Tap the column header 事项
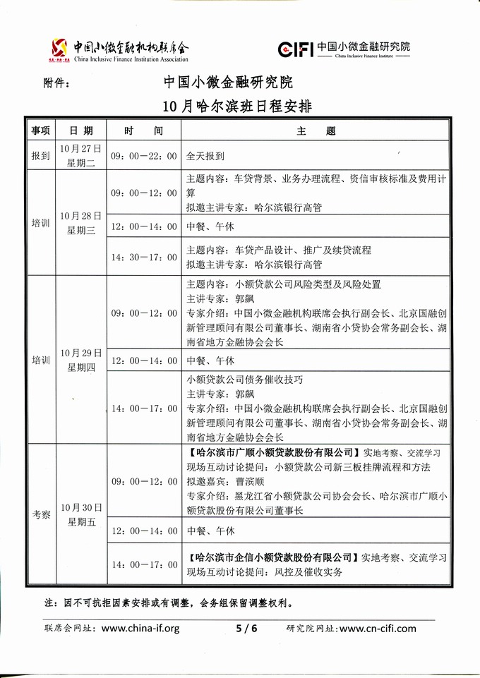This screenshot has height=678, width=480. tap(40, 131)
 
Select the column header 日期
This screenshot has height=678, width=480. tap(81, 131)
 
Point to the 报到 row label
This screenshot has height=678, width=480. tap(40, 156)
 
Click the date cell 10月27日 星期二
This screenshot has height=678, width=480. tap(81, 156)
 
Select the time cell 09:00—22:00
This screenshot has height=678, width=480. tap(143, 156)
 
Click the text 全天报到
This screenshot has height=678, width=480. tap(205, 156)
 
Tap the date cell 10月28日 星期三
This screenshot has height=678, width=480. tap(81, 222)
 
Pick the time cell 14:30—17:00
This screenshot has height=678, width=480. tap(143, 258)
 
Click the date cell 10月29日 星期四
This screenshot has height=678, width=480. tap(81, 359)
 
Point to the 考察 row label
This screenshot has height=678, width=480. tap(40, 515)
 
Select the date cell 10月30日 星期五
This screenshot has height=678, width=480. tap(81, 515)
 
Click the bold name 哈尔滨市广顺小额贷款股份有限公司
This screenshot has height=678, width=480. tap(272, 452)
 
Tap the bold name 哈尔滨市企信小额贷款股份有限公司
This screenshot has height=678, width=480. tap(272, 557)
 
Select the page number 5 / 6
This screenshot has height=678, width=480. tap(246, 629)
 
